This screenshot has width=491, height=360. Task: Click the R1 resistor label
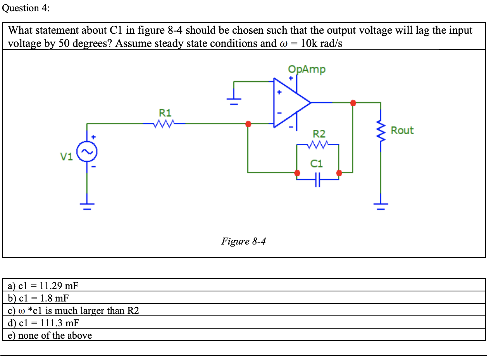[x=165, y=113]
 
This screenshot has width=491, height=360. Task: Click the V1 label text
[x=66, y=157]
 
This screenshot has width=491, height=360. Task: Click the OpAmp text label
[x=307, y=69]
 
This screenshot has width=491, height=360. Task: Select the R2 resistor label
[x=319, y=134]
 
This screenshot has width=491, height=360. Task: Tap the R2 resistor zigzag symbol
[x=318, y=145]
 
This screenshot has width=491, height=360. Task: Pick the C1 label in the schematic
[x=317, y=164]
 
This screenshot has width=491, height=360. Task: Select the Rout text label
[x=402, y=131]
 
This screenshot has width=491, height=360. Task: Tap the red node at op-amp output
[x=353, y=103]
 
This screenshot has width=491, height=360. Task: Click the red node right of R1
[x=248, y=124]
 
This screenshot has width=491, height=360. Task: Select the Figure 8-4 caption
[x=243, y=241]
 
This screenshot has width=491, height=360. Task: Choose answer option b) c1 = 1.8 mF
[x=38, y=298]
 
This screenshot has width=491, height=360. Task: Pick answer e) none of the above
[x=50, y=336]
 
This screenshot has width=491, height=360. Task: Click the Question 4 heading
[x=26, y=8]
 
